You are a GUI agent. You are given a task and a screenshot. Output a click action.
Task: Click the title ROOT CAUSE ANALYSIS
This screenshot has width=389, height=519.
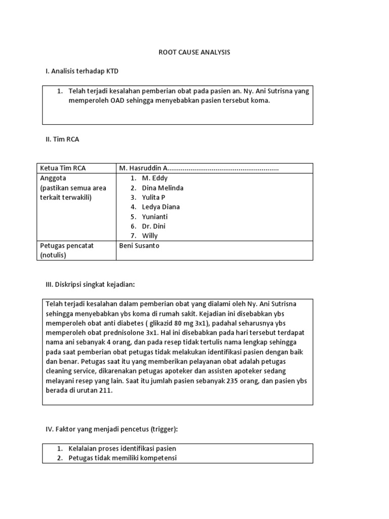pyautogui.click(x=194, y=52)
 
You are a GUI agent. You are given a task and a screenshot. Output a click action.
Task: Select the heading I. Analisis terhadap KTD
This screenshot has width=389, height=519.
pyautogui.click(x=82, y=71)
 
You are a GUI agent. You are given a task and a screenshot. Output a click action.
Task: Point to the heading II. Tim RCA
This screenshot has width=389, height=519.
pyautogui.click(x=62, y=139)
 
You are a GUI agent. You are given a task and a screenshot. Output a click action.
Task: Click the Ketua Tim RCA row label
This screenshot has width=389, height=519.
pyautogui.click(x=63, y=168)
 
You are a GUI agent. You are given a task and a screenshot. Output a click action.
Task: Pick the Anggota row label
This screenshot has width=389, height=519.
pyautogui.click(x=53, y=178)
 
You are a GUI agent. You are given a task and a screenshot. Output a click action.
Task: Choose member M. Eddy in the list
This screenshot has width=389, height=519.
pyautogui.click(x=155, y=178)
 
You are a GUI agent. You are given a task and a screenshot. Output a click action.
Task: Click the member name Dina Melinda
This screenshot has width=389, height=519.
pyautogui.click(x=163, y=188)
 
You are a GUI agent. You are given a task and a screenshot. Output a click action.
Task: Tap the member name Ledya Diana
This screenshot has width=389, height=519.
pyautogui.click(x=161, y=207)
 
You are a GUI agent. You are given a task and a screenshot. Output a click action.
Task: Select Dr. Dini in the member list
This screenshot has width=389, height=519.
pyautogui.click(x=154, y=226)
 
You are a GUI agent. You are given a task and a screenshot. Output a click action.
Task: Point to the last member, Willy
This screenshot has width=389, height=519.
pyautogui.click(x=150, y=236)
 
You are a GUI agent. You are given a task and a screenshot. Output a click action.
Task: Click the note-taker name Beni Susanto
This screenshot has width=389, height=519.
pyautogui.click(x=139, y=245)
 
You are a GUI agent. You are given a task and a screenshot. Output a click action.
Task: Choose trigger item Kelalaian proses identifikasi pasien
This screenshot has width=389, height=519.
pyautogui.click(x=122, y=449)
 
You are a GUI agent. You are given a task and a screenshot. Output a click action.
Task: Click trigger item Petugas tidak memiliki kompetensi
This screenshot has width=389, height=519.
pyautogui.click(x=123, y=458)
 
